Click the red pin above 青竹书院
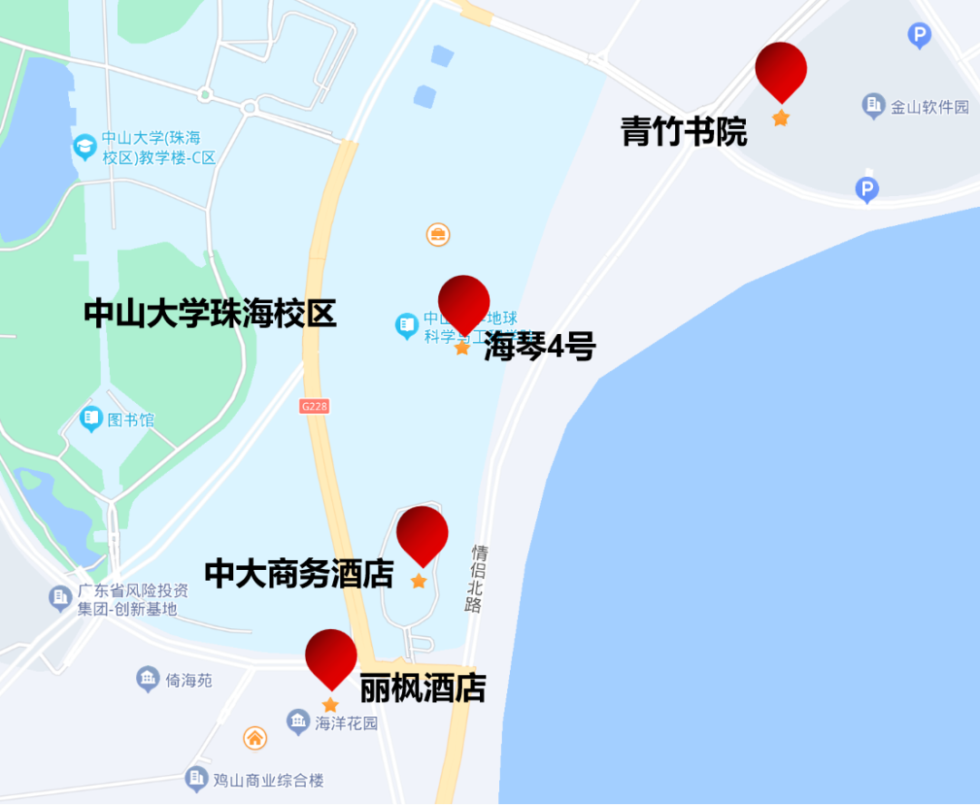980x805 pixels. (x=780, y=69)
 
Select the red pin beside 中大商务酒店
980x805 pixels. (x=422, y=533)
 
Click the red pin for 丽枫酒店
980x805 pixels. (x=330, y=656)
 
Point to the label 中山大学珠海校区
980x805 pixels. (x=210, y=314)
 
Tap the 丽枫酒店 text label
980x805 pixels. (x=423, y=688)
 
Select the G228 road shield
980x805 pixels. (x=313, y=407)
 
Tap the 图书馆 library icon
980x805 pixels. (x=91, y=419)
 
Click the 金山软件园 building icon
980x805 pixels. (x=874, y=106)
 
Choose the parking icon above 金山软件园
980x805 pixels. (x=919, y=36)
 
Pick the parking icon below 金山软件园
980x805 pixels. (x=867, y=190)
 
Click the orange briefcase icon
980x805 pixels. (x=438, y=235)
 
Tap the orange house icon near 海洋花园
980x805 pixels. (x=255, y=738)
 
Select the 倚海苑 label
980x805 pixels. (x=189, y=679)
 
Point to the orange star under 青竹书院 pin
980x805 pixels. (x=780, y=118)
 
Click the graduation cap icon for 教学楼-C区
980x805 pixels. (x=85, y=147)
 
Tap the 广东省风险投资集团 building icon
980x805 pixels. (x=61, y=598)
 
